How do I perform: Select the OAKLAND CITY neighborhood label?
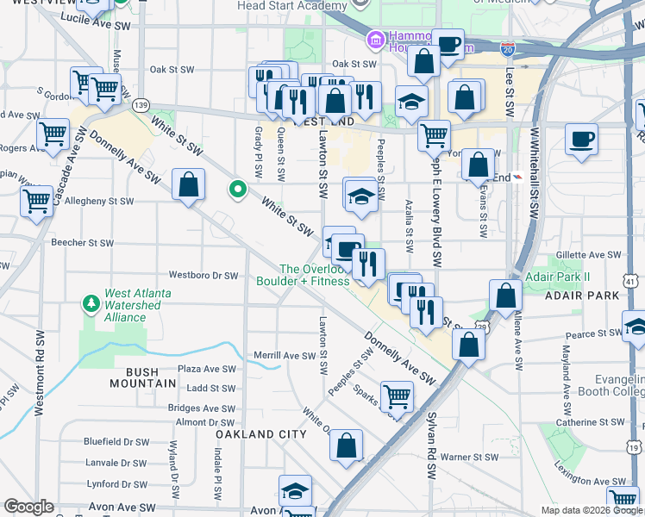point(261,434)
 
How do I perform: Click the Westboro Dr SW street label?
point(203,276)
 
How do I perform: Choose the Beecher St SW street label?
point(82,243)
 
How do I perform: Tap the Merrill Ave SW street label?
point(285,355)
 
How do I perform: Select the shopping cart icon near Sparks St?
point(397,396)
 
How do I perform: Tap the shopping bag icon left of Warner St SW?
point(346,445)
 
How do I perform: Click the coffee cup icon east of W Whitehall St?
point(582,140)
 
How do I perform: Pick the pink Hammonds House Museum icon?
point(374,40)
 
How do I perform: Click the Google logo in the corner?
point(29,506)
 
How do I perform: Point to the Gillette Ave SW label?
point(584,255)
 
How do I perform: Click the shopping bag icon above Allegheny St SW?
point(188,184)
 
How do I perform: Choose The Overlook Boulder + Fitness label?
point(302,275)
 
